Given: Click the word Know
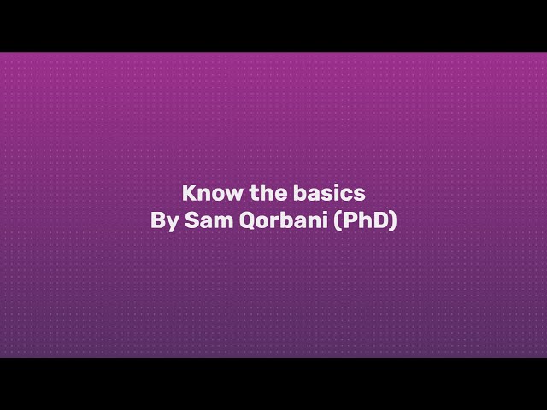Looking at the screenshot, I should click(206, 192).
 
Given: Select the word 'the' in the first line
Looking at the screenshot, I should click(266, 192).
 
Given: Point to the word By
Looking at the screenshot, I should click(162, 220).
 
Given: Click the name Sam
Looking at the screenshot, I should click(200, 220).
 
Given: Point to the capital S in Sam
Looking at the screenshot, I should click(185, 220).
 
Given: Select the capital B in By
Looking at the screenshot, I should click(157, 220).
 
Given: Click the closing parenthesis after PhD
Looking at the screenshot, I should click(393, 220).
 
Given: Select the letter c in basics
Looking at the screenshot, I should click(350, 193).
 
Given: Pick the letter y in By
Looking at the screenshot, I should click(169, 223).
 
